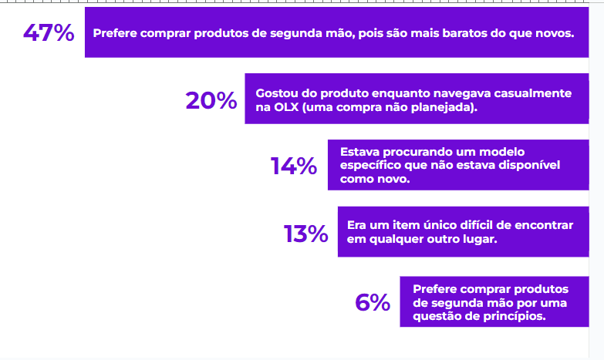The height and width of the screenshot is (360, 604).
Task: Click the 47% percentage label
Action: coord(48,33)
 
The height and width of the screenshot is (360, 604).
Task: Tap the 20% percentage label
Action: coord(211,100)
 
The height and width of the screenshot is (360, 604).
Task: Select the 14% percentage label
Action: coord(293,166)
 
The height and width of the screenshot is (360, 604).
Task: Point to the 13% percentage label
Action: coord(305,234)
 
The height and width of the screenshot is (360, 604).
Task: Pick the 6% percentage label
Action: coord(373,302)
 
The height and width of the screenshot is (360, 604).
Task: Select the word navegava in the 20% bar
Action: coord(453,93)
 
